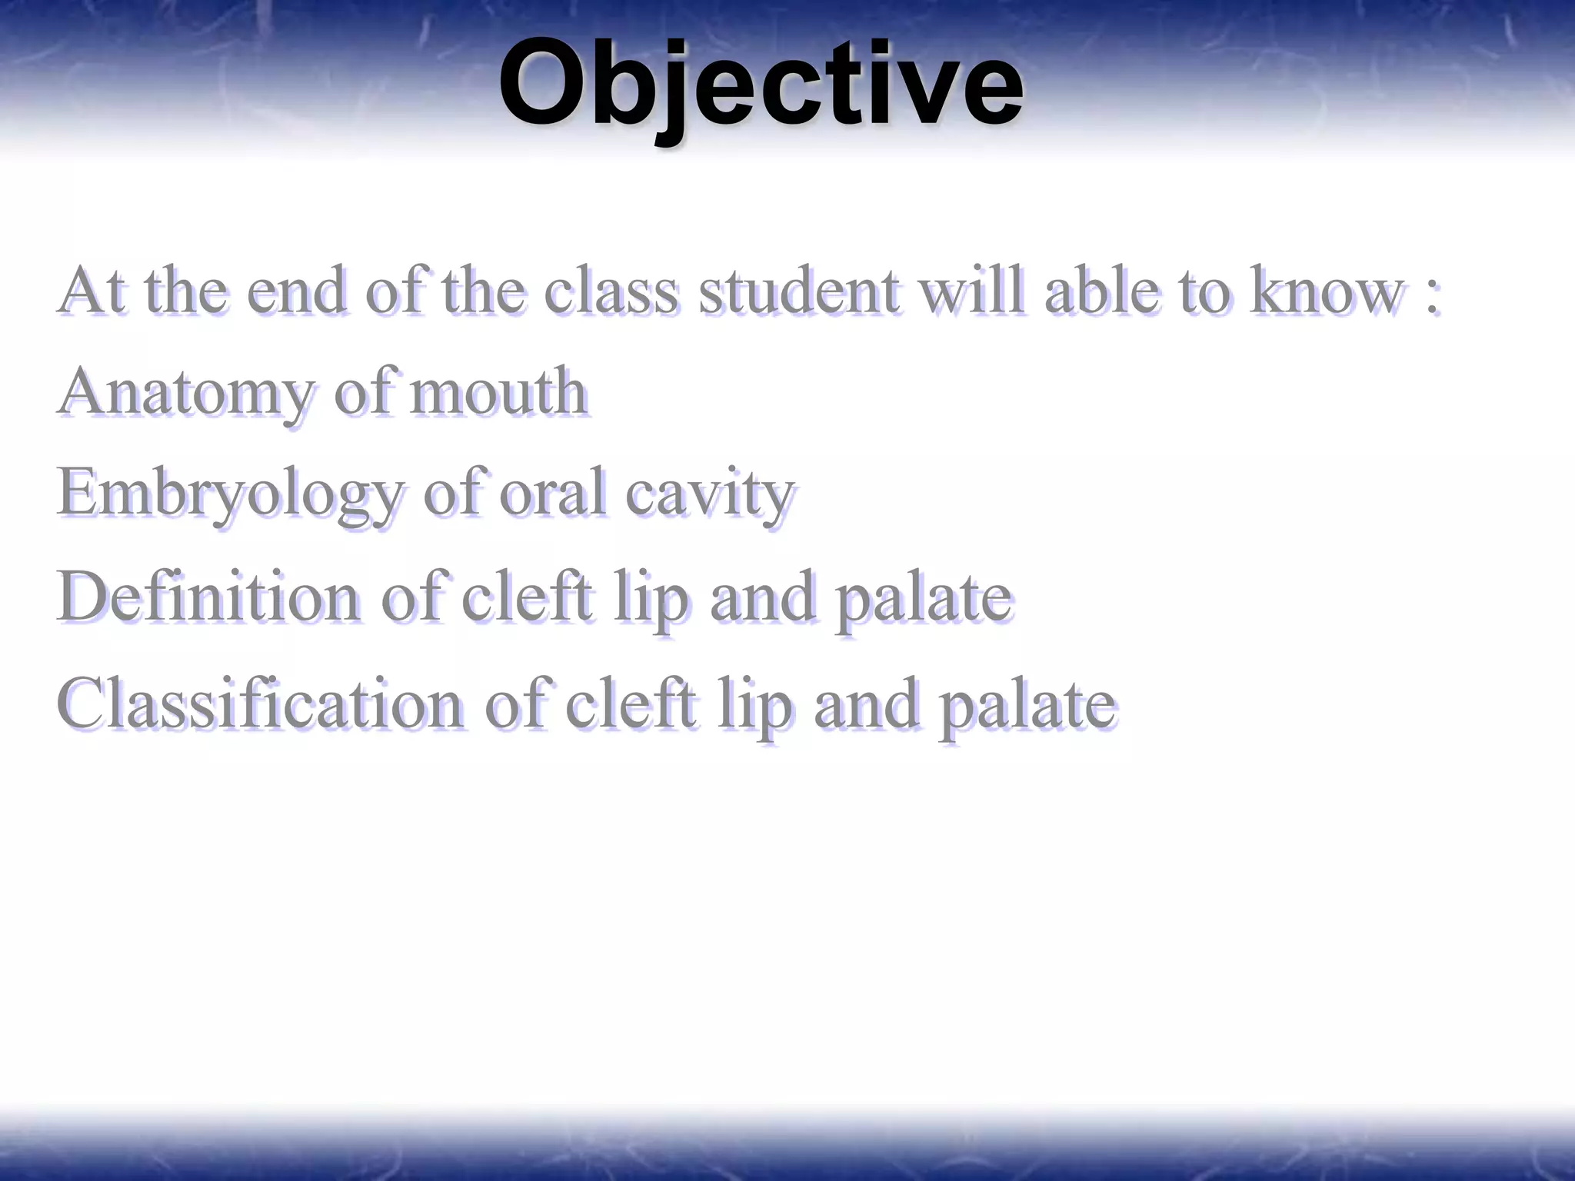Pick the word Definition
pyautogui.click(x=208, y=597)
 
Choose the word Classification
pyautogui.click(x=260, y=704)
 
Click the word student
pyautogui.click(x=798, y=291)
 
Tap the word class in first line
pyautogui.click(x=611, y=291)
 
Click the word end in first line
pyautogui.click(x=296, y=291)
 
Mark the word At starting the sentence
pyautogui.click(x=92, y=291)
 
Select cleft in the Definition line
pyautogui.click(x=527, y=597)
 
